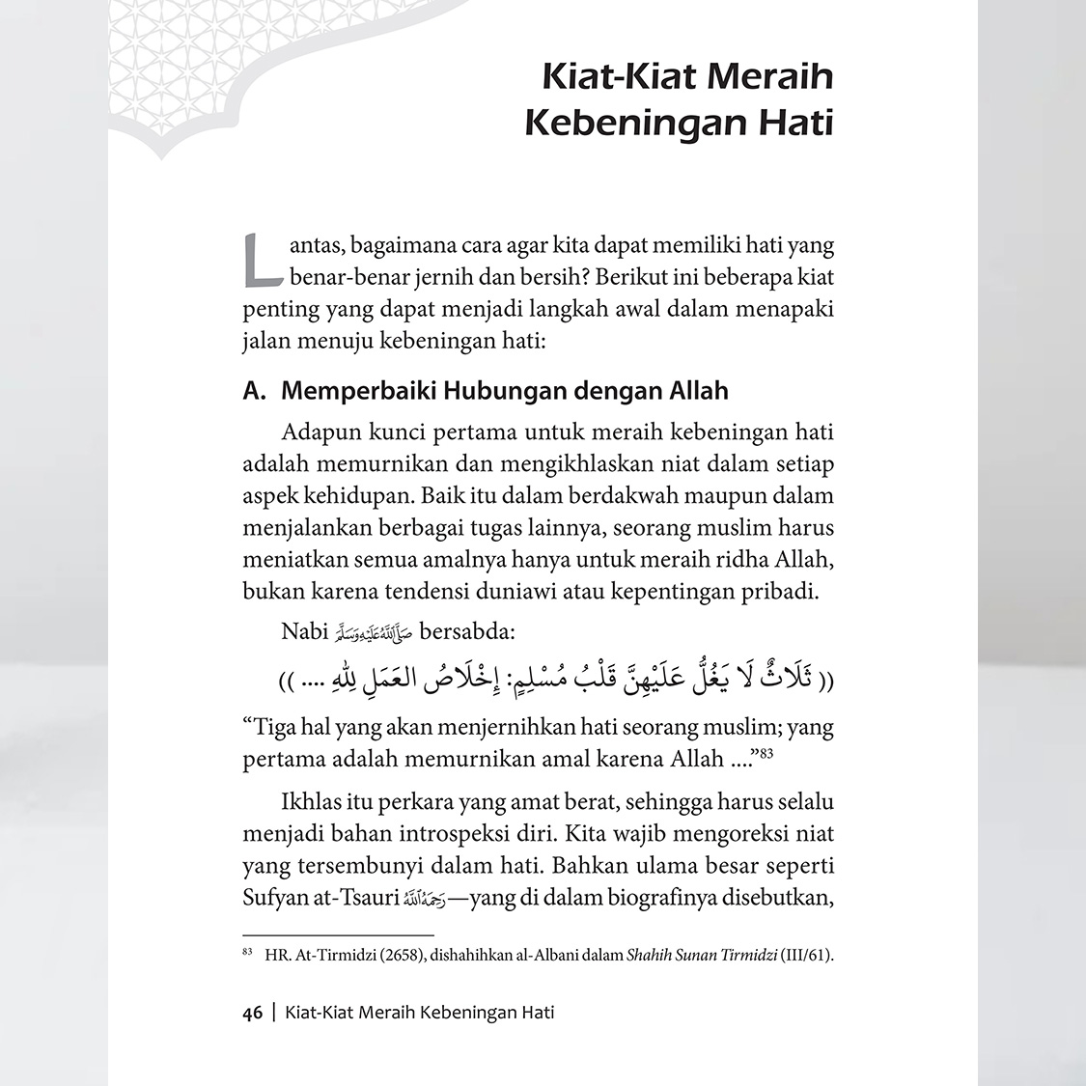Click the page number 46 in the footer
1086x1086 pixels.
click(253, 1013)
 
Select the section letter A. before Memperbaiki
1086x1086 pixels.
click(254, 391)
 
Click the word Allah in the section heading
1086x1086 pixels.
click(698, 391)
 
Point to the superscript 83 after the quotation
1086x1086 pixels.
click(766, 753)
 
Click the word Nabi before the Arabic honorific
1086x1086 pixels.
click(303, 631)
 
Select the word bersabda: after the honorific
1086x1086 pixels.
click(467, 631)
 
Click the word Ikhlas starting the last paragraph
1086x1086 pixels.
click(310, 801)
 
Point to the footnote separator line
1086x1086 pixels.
click(338, 934)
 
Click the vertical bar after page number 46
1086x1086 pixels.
click(274, 1013)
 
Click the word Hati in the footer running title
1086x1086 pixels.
click(536, 1013)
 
